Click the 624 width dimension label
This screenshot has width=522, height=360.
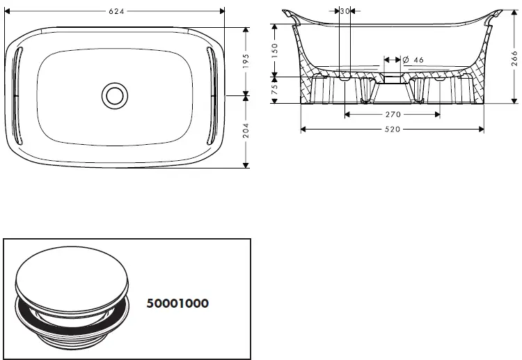[115, 11]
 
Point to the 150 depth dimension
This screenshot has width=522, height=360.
[275, 50]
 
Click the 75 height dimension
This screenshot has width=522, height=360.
[275, 90]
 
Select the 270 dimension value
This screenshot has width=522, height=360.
[392, 115]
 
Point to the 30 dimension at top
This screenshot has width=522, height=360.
[345, 11]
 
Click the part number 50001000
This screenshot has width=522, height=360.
[177, 304]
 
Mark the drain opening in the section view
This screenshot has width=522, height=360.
[393, 79]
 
